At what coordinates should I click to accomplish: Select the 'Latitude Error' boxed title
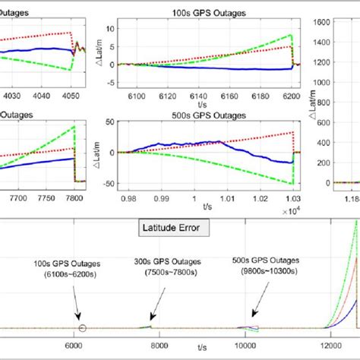pos(179,227)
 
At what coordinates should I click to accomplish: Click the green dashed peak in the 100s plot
pos(289,36)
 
